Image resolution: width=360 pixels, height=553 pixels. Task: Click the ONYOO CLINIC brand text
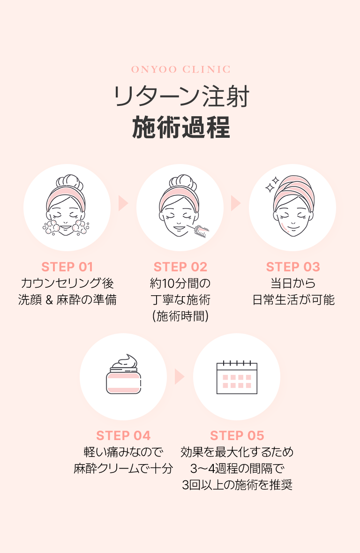(180, 70)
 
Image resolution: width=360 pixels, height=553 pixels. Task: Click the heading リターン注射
(180, 97)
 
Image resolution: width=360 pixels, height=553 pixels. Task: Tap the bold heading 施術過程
(180, 127)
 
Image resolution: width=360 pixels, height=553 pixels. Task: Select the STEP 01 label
(67, 267)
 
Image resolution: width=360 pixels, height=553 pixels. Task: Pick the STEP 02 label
(180, 267)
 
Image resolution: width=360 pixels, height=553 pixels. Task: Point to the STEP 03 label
(293, 267)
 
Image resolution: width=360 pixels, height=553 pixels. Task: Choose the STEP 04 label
(123, 436)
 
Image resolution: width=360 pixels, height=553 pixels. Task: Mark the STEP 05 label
(237, 436)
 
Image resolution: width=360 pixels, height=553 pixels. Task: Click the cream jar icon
(123, 376)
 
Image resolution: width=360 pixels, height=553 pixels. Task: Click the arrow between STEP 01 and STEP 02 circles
(123, 203)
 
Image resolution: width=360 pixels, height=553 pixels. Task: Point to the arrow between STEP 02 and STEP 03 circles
(236, 203)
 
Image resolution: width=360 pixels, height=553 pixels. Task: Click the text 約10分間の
(180, 284)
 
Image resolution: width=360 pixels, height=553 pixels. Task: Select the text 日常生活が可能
(293, 300)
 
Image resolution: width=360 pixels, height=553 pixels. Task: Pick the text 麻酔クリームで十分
(123, 468)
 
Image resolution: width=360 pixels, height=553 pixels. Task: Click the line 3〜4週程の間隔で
(237, 468)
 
